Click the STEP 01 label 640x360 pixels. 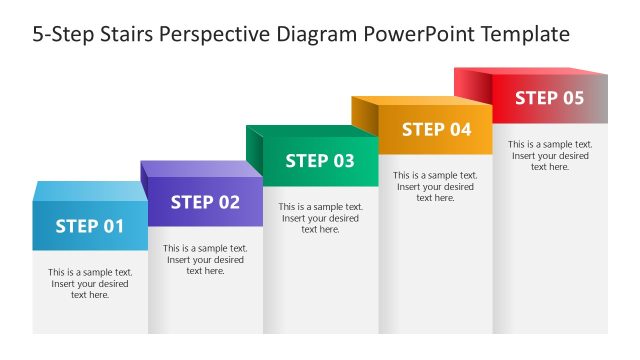[90, 226]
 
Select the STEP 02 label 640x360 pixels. [205, 202]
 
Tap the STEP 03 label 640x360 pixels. [320, 161]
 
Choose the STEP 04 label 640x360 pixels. [436, 129]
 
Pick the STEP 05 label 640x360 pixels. [549, 98]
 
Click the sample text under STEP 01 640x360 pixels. [90, 283]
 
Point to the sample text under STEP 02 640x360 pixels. [205, 259]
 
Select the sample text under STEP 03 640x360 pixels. [320, 218]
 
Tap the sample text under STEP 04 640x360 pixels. [435, 186]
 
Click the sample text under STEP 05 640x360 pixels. [550, 155]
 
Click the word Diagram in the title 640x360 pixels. [314, 34]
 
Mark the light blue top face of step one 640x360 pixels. [90, 190]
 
